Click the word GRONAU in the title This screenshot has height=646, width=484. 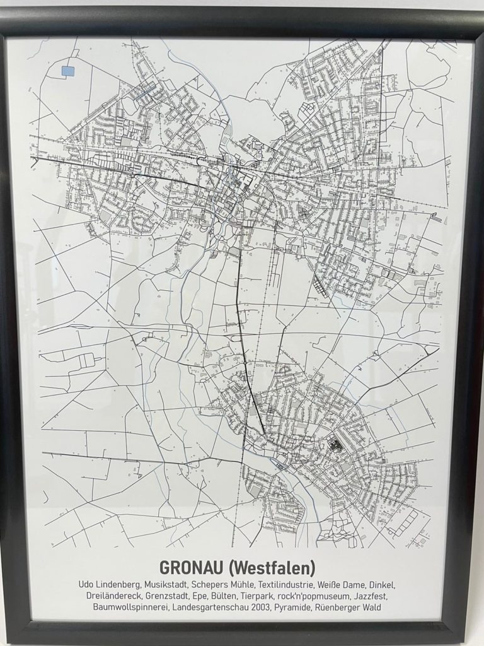(x=190, y=568)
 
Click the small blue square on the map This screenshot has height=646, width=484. (x=67, y=71)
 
